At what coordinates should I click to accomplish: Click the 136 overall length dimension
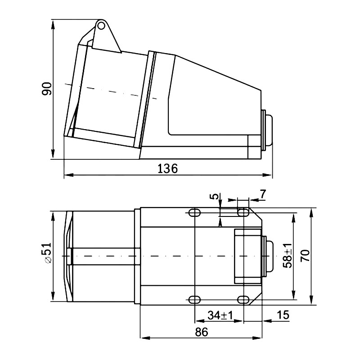pyautogui.click(x=167, y=168)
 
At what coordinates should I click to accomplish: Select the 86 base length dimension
pyautogui.click(x=201, y=332)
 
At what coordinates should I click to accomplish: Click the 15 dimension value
pyautogui.click(x=283, y=315)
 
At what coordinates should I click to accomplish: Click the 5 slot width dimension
pyautogui.click(x=215, y=197)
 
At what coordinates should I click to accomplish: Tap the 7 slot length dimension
pyautogui.click(x=263, y=194)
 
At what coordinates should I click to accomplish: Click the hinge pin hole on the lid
pyautogui.click(x=102, y=26)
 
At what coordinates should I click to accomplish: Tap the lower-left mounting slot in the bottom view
pyautogui.click(x=195, y=299)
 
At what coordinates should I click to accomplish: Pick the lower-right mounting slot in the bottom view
pyautogui.click(x=243, y=299)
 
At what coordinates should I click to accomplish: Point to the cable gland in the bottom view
pyautogui.click(x=269, y=256)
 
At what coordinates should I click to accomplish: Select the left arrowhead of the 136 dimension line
pyautogui.click(x=67, y=175)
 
